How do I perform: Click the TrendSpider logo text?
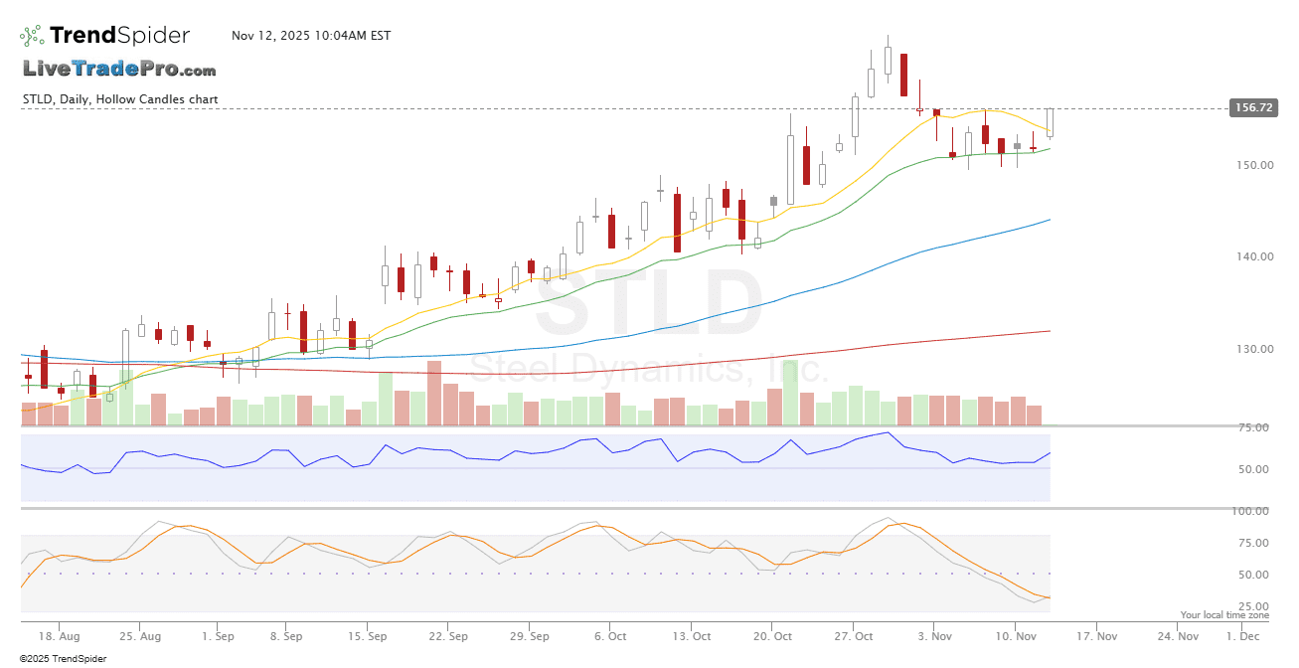tap(119, 36)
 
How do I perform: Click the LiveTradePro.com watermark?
tap(119, 70)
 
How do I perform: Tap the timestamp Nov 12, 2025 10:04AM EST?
tap(311, 36)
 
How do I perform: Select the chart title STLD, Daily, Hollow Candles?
tap(120, 99)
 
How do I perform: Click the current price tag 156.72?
tap(1252, 107)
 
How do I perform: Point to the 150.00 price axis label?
tap(1253, 165)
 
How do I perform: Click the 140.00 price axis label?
tap(1253, 256)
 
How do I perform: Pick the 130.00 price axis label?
tap(1253, 349)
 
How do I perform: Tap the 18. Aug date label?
tap(61, 635)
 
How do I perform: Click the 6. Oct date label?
tap(611, 635)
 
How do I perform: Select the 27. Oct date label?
tap(854, 635)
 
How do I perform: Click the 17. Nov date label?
tap(1097, 635)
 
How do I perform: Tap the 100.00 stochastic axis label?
tap(1250, 511)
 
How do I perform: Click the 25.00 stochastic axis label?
tap(1253, 606)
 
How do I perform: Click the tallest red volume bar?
tap(434, 393)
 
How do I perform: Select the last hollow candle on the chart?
tap(1050, 122)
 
